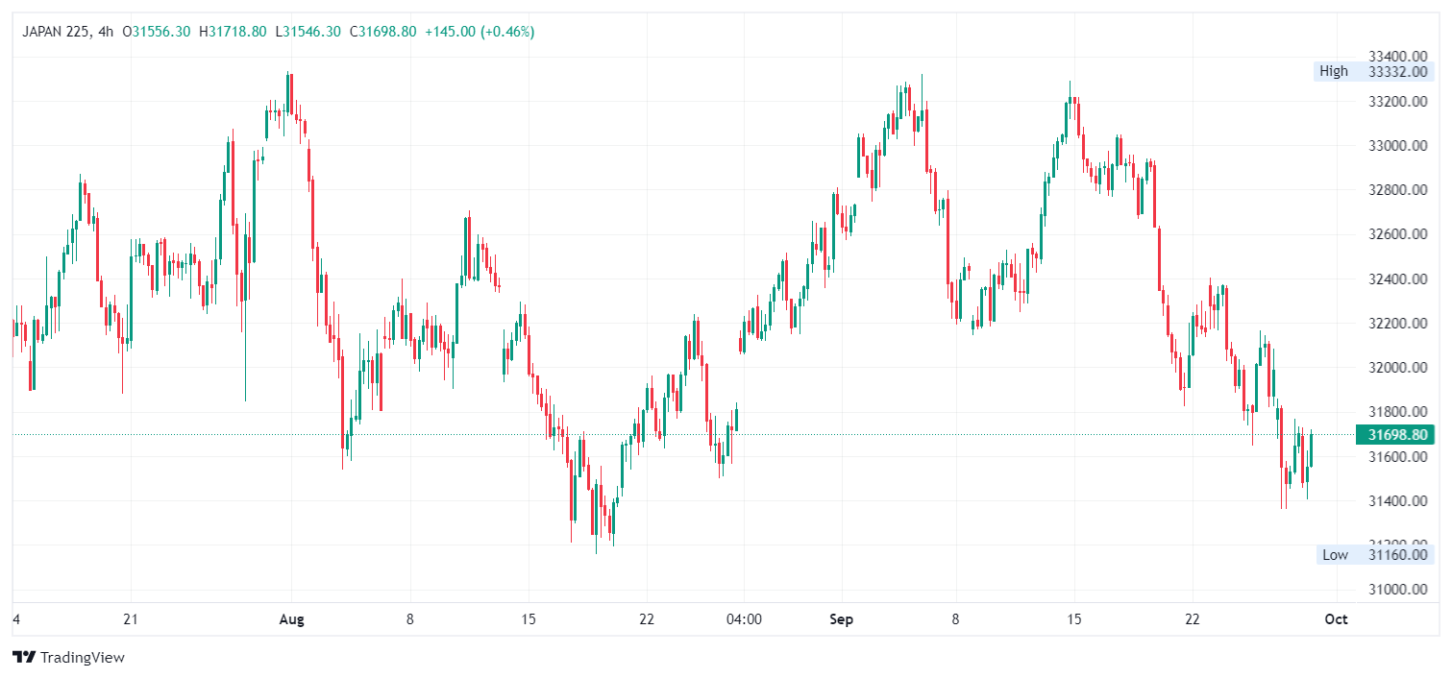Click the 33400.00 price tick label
pos(1397,56)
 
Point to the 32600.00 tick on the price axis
pos(1397,234)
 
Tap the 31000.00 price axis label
pos(1397,590)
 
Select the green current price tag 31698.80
pos(1394,435)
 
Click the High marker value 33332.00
pos(1397,71)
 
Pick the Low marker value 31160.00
pos(1397,554)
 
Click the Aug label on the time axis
pos(291,619)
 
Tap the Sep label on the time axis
pos(842,619)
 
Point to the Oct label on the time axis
pos(1336,619)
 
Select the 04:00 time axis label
pos(744,619)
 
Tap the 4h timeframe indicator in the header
pos(106,32)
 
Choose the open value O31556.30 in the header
pos(159,32)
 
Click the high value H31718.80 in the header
pos(233,32)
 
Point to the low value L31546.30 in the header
pos(308,32)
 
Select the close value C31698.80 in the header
pos(382,32)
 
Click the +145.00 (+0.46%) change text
pos(480,32)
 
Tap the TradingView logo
pos(69,658)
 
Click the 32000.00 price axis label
pos(1397,368)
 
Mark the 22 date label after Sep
pos(1193,619)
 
